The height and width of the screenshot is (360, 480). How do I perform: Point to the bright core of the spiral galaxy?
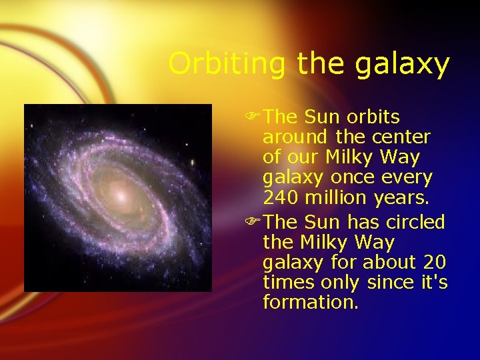tap(120, 195)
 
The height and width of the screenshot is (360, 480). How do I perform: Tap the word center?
tap(402, 138)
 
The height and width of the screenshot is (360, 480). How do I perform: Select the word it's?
tap(433, 283)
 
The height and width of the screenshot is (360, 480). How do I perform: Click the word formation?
tap(310, 303)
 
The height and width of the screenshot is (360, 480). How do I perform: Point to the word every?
tap(409, 179)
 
